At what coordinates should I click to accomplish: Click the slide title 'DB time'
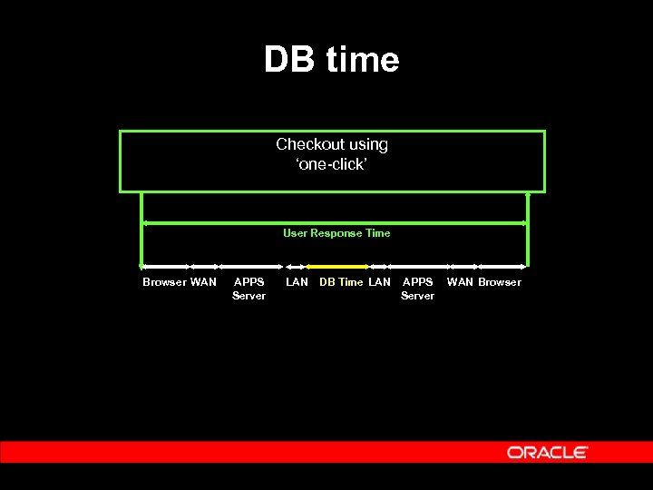[331, 60]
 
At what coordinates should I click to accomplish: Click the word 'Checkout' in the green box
[303, 144]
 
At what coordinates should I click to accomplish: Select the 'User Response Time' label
[336, 233]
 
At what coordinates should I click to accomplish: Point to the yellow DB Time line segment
[337, 267]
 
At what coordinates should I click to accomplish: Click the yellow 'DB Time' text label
[341, 282]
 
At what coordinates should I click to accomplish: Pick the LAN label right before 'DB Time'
[297, 282]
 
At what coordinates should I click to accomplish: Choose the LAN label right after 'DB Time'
[380, 282]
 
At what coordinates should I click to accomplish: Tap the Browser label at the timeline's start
[164, 282]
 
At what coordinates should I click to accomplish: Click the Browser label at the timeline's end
[500, 282]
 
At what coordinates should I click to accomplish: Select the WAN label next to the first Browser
[203, 282]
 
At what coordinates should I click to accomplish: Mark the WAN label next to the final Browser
[460, 282]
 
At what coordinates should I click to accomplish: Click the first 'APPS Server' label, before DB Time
[249, 289]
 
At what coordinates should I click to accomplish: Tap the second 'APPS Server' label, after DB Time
[417, 289]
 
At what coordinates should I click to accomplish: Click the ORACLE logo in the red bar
[547, 452]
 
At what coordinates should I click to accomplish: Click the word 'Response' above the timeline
[336, 233]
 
